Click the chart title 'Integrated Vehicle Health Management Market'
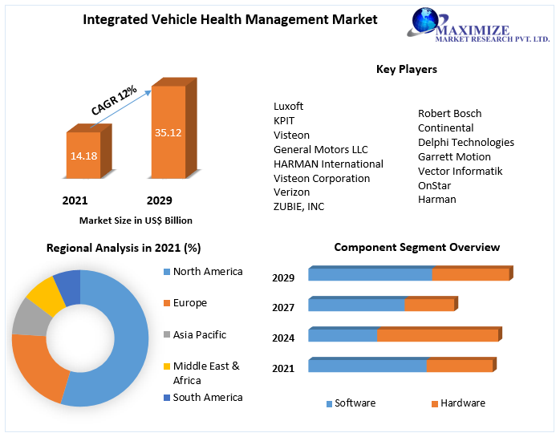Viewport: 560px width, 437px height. [x=229, y=19]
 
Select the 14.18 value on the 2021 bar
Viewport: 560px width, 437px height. [x=83, y=156]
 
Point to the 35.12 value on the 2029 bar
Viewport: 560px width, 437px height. [x=168, y=132]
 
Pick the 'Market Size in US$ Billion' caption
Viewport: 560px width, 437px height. [x=136, y=220]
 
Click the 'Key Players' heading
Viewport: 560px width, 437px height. [x=406, y=70]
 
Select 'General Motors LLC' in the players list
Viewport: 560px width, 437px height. [x=320, y=149]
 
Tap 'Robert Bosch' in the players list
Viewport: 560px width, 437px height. [x=449, y=113]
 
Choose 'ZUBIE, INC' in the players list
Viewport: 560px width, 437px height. [x=298, y=207]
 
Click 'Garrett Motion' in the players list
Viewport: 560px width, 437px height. [x=454, y=156]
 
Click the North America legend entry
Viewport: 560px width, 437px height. [x=207, y=272]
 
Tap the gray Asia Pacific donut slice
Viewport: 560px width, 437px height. [x=30, y=318]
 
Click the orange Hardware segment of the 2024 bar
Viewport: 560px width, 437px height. [x=437, y=335]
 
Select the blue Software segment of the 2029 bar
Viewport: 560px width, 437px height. [x=369, y=275]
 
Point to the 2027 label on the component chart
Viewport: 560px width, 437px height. [x=283, y=308]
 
